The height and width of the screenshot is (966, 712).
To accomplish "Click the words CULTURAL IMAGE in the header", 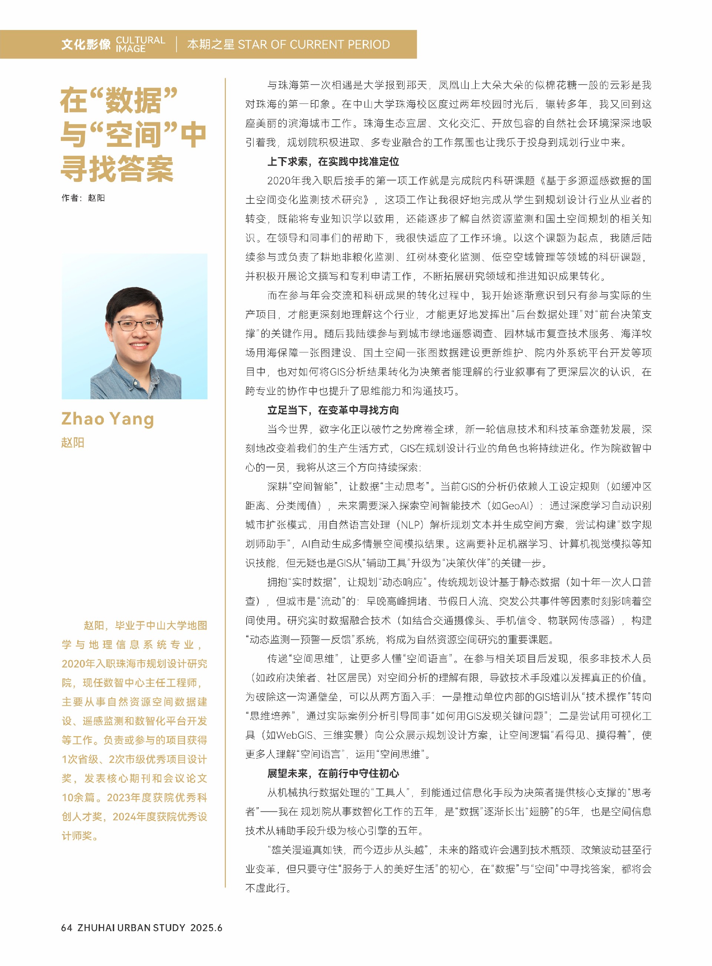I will (140, 44).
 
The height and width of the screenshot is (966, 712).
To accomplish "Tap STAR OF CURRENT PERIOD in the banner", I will (314, 44).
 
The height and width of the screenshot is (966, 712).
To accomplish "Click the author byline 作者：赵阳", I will (83, 198).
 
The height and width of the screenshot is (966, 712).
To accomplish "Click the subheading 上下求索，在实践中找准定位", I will (333, 162).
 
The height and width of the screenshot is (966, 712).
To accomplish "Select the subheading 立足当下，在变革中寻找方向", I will (333, 410).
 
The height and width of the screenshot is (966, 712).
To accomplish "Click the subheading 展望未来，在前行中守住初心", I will (333, 773).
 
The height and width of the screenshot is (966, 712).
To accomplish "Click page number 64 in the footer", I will (66, 928).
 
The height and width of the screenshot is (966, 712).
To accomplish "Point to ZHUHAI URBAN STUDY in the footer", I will (131, 928).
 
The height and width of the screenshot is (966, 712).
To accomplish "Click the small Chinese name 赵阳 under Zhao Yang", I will (72, 443).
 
